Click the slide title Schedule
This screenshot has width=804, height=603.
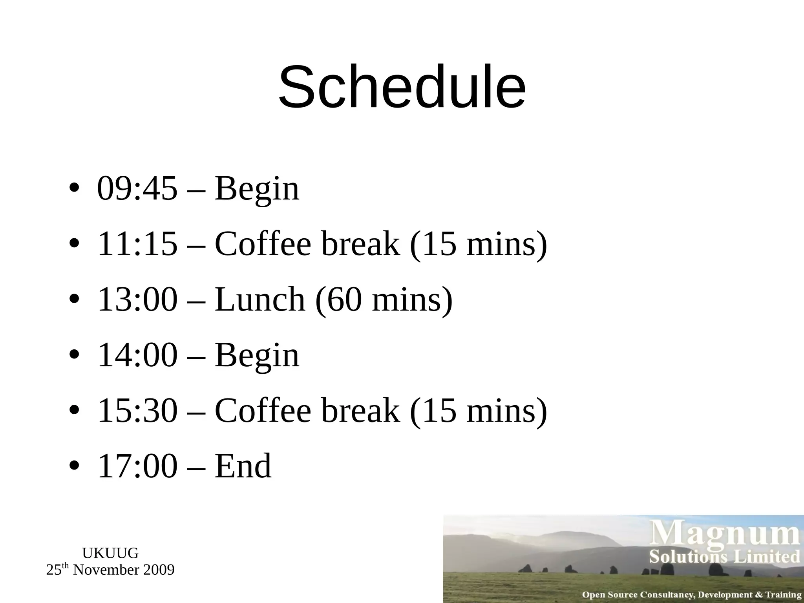point(402,87)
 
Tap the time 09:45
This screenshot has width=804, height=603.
point(137,188)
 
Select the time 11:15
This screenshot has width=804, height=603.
point(137,244)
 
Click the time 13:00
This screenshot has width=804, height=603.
point(137,299)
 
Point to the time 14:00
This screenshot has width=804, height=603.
point(137,355)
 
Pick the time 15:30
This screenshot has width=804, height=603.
point(137,410)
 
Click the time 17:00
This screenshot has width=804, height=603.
point(137,466)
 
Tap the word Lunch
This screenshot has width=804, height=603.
point(260,299)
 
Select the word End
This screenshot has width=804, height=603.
point(243,466)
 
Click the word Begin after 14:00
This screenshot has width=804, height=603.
point(257,356)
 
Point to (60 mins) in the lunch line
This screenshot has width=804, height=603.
point(384,300)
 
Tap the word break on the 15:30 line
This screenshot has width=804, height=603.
point(360,410)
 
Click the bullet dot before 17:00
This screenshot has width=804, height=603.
point(74,466)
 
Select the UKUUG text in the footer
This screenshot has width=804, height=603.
point(110,553)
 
